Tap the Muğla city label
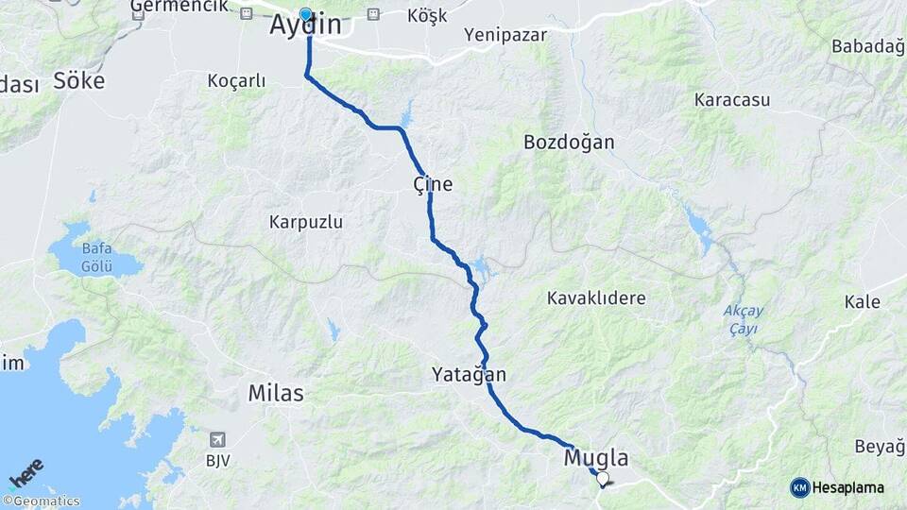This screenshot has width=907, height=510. [595, 459]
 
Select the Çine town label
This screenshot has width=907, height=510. [433, 184]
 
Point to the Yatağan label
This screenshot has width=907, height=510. [469, 375]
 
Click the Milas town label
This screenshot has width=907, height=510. [276, 393]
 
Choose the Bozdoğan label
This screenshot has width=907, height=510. [569, 143]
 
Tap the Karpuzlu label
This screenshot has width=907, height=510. [305, 223]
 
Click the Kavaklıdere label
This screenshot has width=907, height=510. [596, 298]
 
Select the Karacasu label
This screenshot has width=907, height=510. [732, 99]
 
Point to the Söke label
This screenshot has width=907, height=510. [79, 79]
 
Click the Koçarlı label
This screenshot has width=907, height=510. [236, 81]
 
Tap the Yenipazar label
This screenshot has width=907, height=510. [507, 35]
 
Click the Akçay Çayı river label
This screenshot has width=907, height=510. [743, 319]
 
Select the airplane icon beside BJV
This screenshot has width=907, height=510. [218, 439]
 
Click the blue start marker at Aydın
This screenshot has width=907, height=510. [305, 14]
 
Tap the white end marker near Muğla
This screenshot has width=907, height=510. [602, 478]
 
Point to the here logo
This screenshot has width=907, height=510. [26, 473]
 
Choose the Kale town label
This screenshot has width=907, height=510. [864, 302]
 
